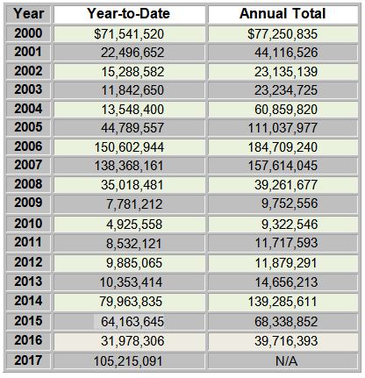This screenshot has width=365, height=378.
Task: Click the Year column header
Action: point(28,13)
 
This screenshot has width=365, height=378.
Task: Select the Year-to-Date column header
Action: point(128,13)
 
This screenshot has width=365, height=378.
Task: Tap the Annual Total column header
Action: point(283,13)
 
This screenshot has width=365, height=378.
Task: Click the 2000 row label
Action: point(28,33)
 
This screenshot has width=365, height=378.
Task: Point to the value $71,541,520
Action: point(129,34)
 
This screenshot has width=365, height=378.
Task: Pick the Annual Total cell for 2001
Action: point(283,53)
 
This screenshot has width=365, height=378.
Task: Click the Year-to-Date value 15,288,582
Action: point(132,72)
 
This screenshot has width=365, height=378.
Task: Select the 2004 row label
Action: point(28,109)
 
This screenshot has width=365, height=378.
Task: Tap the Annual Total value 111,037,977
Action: point(283,128)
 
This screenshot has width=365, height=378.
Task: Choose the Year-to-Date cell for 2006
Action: point(129,147)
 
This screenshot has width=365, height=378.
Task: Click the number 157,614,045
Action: point(283,166)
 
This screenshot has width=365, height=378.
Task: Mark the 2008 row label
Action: point(28,184)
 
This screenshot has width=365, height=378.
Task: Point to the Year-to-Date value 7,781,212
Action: point(134,203)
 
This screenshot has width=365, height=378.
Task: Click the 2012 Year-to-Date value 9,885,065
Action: point(134,263)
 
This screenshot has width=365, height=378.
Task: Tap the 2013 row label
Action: point(28,282)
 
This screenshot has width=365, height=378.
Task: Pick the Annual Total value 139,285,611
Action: point(283,302)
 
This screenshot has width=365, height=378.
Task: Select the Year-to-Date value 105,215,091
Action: point(128,361)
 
